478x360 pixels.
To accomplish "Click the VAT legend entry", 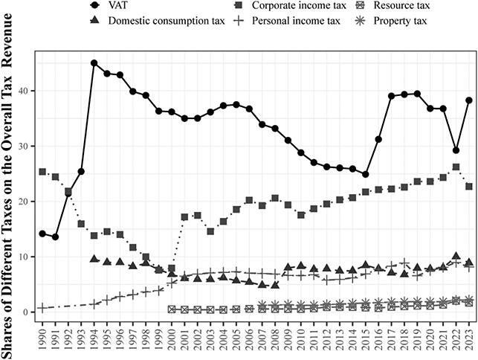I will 138,6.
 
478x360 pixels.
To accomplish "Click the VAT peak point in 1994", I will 94,63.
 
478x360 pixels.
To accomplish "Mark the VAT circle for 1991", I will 55,237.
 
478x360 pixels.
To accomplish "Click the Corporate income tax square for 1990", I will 42,172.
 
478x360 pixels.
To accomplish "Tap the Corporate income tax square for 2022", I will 456,167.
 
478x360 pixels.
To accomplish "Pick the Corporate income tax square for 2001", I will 184,217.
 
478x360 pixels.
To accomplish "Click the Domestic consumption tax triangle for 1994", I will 94,259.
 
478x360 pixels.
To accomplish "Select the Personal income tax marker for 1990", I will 42,307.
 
